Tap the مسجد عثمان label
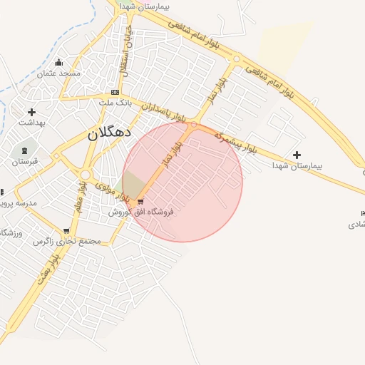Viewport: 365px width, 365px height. (59, 74)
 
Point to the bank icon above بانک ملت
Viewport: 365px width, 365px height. (115, 93)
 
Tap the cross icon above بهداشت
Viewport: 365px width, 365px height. (31, 112)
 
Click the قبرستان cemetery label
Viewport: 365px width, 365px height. (24, 162)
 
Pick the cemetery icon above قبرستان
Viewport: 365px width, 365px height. (26, 151)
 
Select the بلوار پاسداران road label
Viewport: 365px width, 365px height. (163, 110)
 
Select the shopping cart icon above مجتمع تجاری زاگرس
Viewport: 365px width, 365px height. (66, 231)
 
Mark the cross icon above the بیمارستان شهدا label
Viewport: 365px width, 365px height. (297, 155)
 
